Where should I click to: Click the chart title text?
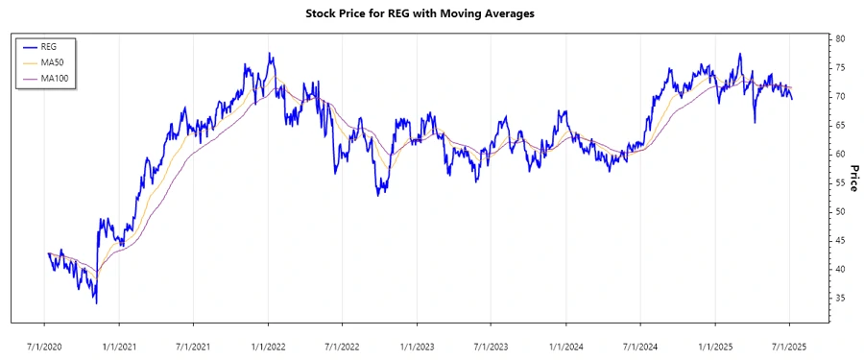tap(432, 13)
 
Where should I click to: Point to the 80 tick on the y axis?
tap(840, 38)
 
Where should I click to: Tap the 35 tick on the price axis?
tap(840, 299)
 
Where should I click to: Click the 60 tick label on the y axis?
tap(840, 154)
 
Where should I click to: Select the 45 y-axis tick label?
tap(840, 241)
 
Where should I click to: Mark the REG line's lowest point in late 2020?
tap(96, 302)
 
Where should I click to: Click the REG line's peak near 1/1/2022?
tap(270, 54)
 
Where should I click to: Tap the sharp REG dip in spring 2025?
tap(755, 122)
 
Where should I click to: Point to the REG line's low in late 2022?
tap(378, 195)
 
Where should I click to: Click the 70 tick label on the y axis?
tap(840, 96)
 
